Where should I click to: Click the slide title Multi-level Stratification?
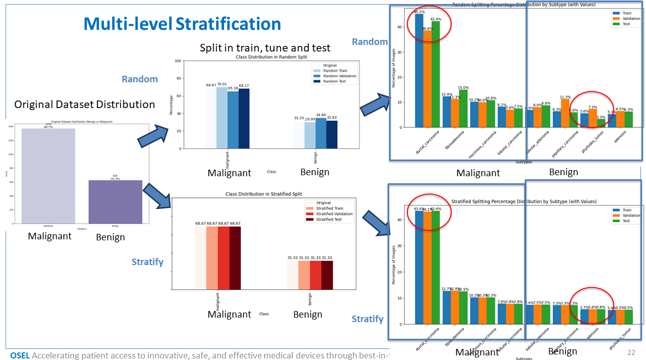click(x=182, y=24)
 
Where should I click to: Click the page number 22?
click(x=631, y=352)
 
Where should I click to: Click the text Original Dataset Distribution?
click(x=84, y=105)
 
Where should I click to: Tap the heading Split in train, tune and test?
click(x=265, y=48)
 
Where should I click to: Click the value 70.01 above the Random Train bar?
click(x=222, y=84)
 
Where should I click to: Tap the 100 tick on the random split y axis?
click(x=178, y=61)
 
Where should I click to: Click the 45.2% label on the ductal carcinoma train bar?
click(x=419, y=11)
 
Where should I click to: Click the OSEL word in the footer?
click(x=20, y=355)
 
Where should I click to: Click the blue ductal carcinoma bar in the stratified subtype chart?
click(x=419, y=267)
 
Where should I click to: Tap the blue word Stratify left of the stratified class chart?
click(x=147, y=262)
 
